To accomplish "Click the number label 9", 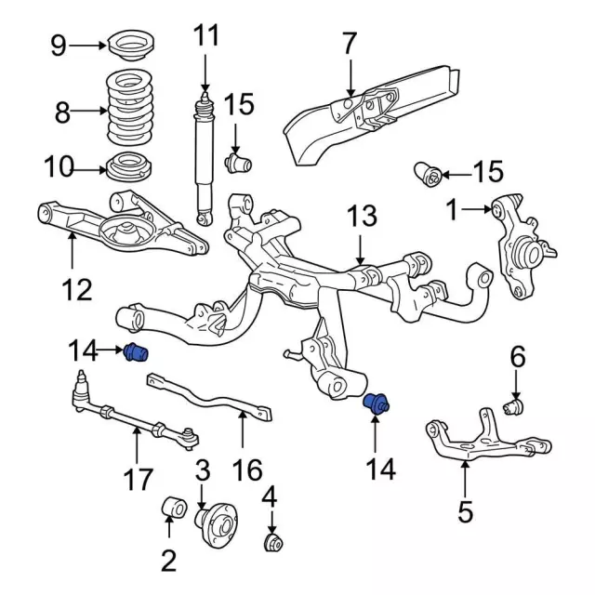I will [59, 45].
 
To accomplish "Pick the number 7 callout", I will [349, 43].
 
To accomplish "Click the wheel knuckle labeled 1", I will [522, 244].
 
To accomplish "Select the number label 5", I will [465, 509].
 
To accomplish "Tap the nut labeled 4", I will [273, 542].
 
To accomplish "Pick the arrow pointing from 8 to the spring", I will [91, 112].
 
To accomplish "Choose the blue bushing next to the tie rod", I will [138, 353].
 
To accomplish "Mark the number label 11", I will [206, 37].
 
